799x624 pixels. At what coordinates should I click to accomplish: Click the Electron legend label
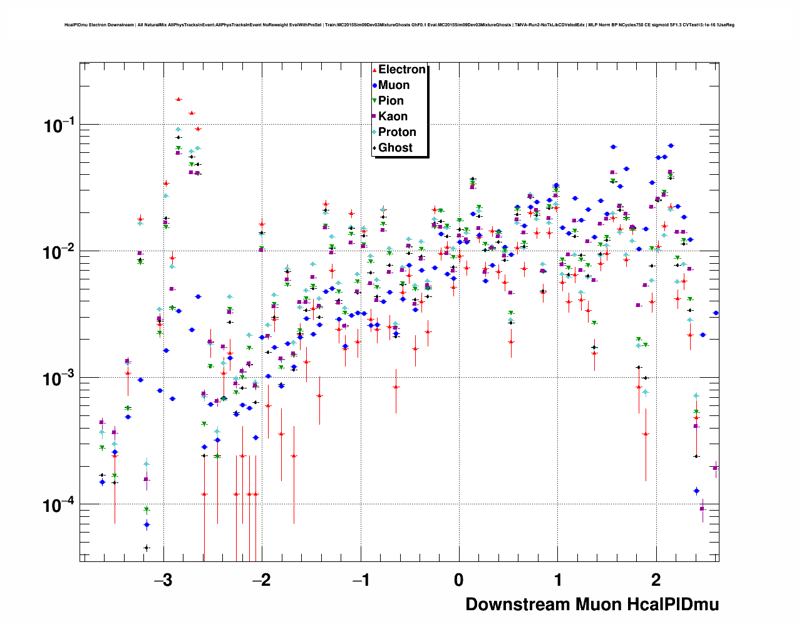pos(401,70)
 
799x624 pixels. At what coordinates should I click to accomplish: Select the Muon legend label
pos(394,85)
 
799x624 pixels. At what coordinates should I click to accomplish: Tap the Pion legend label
pos(391,101)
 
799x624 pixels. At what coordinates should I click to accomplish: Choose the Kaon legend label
pos(393,117)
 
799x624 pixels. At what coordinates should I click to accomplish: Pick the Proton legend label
pos(397,132)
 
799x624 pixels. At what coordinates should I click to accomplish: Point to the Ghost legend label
pos(395,148)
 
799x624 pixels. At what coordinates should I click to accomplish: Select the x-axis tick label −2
pos(261,580)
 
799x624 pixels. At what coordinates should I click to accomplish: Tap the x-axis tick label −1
pos(360,580)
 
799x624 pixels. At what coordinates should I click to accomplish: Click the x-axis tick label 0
pos(459,580)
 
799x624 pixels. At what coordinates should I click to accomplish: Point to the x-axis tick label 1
pos(557,580)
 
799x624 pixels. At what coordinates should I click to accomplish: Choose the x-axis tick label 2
pos(656,580)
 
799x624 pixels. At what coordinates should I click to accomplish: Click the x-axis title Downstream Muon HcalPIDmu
pos(592,605)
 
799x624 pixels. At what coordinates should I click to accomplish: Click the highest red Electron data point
pos(178,99)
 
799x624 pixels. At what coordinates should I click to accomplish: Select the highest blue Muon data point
pos(671,145)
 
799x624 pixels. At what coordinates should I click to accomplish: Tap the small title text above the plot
pos(399,25)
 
